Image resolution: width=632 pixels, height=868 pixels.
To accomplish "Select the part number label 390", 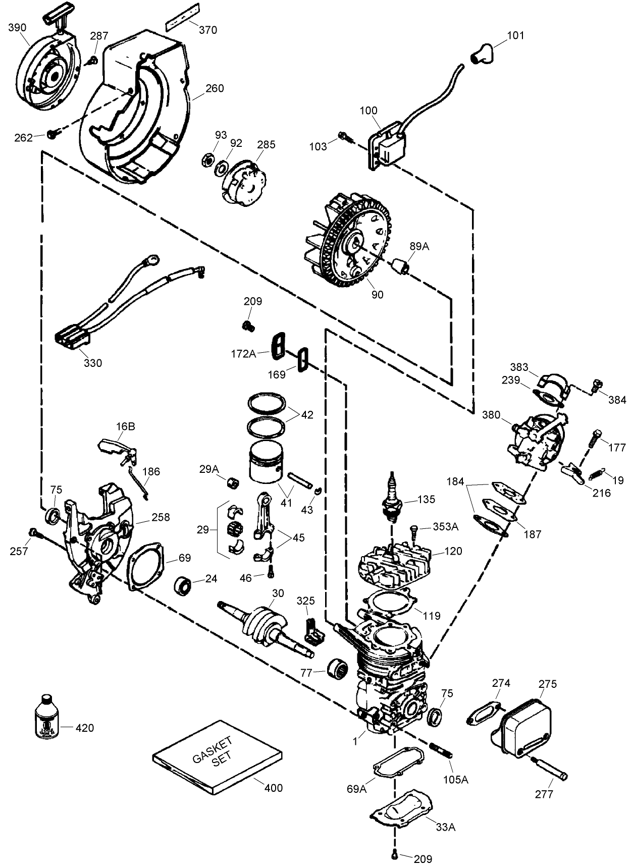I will tap(17, 27).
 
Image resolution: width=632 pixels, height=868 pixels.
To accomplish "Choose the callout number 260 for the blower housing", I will tap(215, 88).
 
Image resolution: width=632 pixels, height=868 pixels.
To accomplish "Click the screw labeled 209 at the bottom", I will tap(395, 854).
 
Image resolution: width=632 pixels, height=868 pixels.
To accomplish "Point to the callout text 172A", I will tap(244, 354).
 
